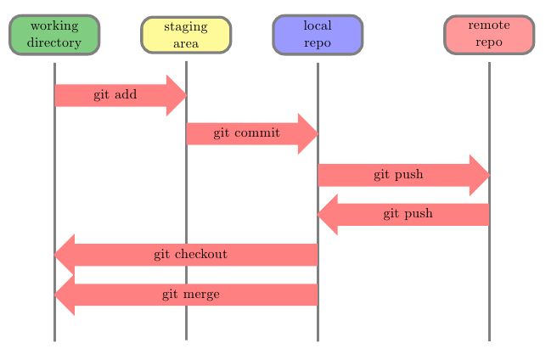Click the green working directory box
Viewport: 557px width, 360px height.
54,34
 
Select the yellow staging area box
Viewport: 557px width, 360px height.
186,35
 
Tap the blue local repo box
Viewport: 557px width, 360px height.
318,34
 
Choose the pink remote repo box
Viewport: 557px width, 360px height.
489,34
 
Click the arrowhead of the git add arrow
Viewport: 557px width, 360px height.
177,95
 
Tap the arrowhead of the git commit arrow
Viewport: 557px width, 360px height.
308,133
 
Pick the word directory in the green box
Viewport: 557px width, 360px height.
54,42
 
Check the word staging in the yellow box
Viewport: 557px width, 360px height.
186,27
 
